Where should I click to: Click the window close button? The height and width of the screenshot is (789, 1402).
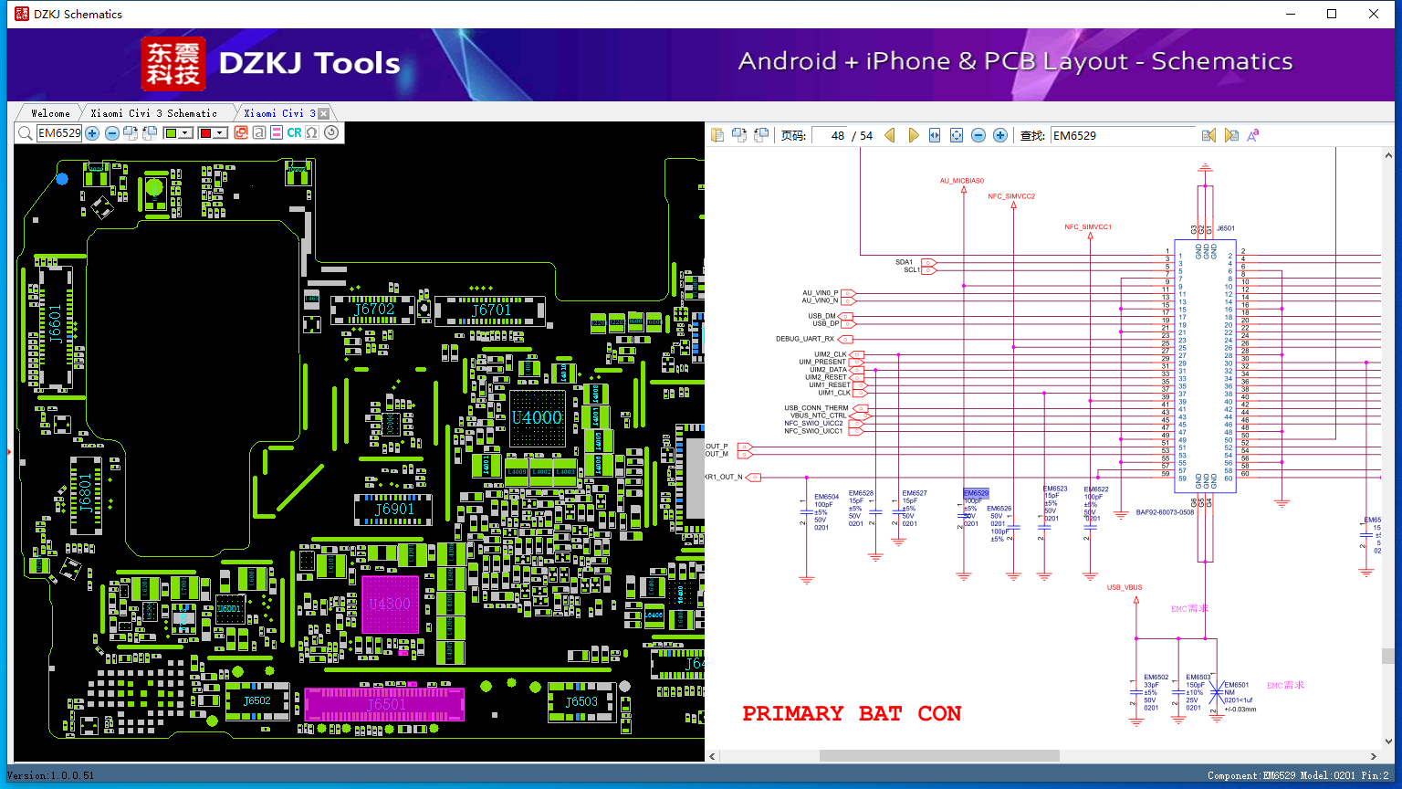(1374, 14)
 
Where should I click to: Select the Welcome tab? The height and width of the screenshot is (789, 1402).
(49, 113)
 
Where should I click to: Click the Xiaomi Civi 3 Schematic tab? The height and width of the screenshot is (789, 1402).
(153, 113)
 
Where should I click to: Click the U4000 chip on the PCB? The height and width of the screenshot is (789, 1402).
(537, 418)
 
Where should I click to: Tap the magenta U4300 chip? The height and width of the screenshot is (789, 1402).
(390, 604)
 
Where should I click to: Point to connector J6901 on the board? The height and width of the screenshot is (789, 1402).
(394, 510)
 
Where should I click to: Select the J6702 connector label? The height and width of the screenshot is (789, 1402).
(374, 310)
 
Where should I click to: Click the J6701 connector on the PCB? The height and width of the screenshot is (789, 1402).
(491, 310)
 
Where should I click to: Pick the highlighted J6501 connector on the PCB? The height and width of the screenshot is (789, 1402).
(384, 704)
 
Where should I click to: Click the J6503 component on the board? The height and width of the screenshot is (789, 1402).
(581, 702)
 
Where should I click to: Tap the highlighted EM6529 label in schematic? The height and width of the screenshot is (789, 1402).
(976, 493)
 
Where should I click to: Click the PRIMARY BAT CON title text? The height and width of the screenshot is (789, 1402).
(851, 713)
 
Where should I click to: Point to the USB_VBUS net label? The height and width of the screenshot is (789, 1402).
(1125, 587)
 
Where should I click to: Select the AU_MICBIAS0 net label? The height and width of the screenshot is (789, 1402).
(962, 181)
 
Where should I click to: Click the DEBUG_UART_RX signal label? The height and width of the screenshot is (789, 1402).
(805, 339)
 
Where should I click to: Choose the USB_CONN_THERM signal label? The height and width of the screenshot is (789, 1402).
(816, 408)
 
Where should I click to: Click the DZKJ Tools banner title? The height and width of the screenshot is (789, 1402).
(309, 63)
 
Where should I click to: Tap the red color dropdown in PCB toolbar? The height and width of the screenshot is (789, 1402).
(213, 133)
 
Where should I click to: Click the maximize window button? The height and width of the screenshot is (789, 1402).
(1332, 14)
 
